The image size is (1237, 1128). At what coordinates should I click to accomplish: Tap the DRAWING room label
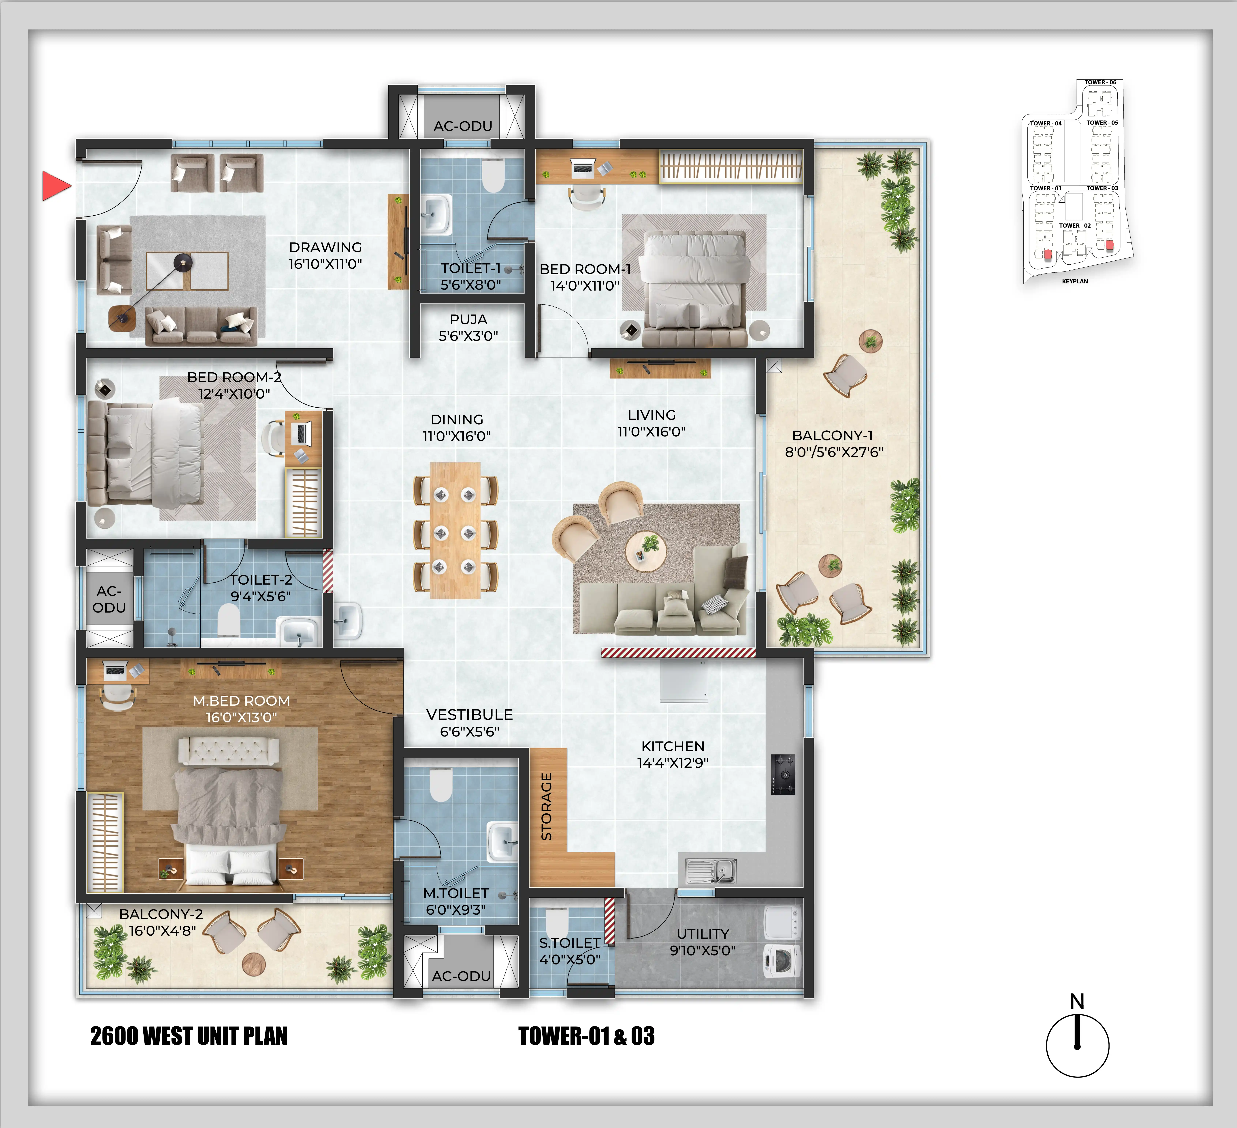(325, 247)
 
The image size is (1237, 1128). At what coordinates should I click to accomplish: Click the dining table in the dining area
(455, 530)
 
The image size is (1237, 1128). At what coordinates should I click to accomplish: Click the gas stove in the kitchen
(783, 775)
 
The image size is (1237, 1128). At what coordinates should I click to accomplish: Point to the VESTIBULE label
(469, 714)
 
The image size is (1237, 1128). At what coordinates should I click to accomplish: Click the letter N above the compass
(1077, 1002)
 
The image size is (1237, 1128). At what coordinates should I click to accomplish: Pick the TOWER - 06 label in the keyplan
(1100, 82)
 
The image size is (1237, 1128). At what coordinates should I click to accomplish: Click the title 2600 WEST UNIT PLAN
(188, 1036)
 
